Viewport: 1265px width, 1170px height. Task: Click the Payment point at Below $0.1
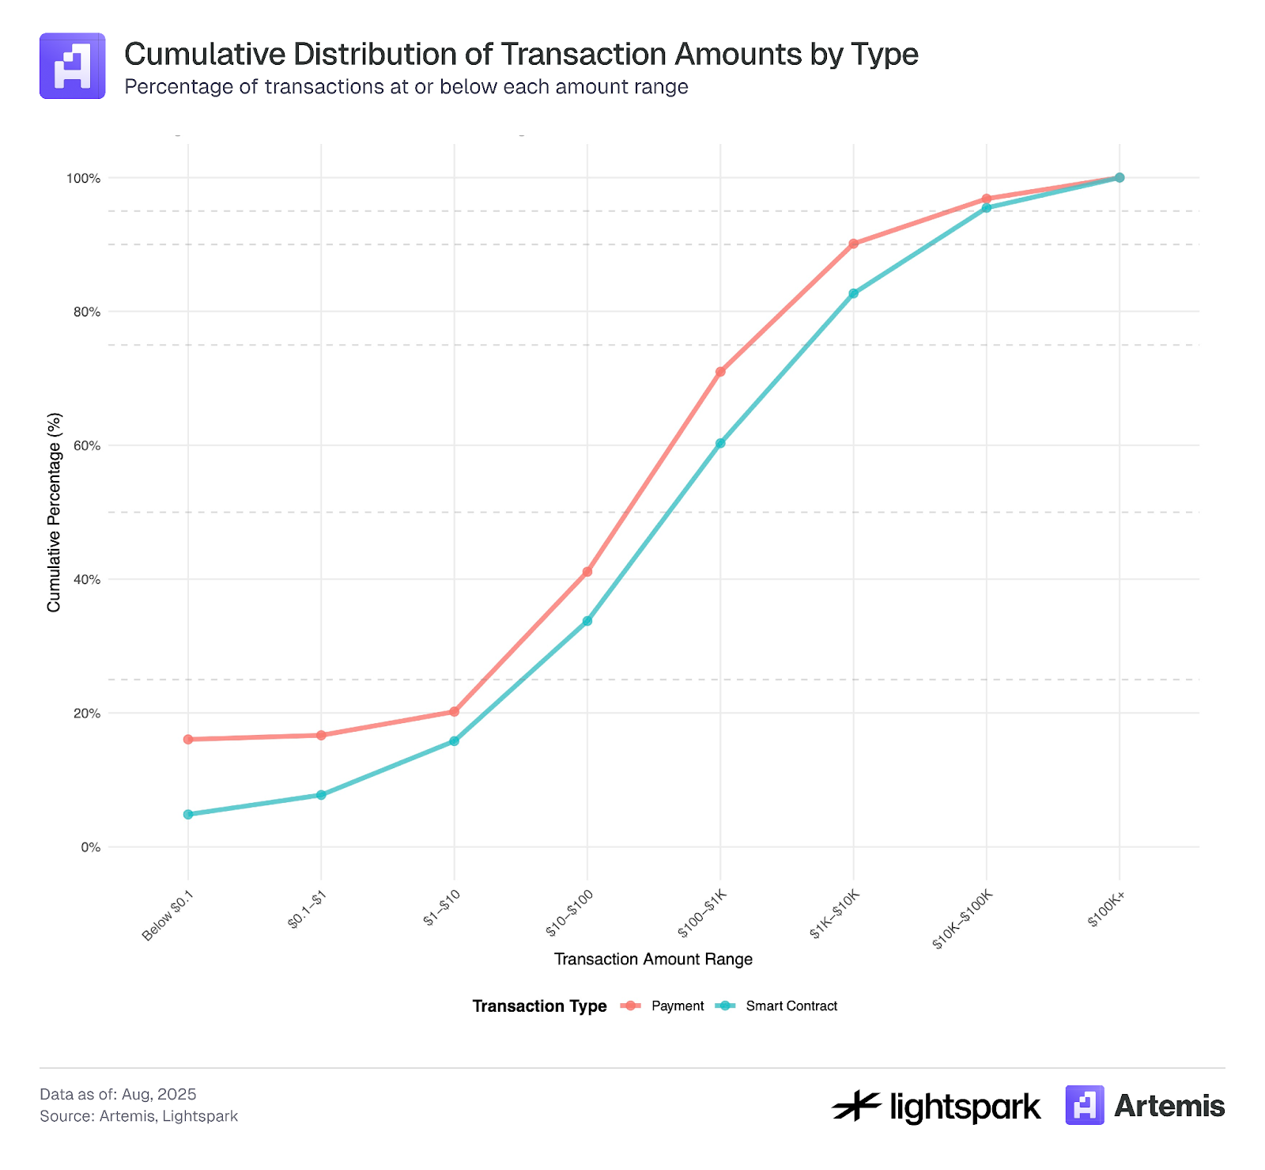click(x=188, y=740)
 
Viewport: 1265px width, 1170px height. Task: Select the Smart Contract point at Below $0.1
click(x=188, y=814)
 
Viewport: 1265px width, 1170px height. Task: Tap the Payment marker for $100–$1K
click(x=720, y=372)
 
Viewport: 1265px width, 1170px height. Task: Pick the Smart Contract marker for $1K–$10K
click(x=853, y=293)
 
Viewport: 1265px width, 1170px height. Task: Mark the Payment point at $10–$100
click(x=587, y=571)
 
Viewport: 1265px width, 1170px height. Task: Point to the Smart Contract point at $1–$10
click(x=454, y=741)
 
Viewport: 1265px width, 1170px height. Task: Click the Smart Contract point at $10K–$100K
click(x=986, y=208)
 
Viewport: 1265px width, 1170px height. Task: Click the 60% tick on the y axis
click(x=86, y=445)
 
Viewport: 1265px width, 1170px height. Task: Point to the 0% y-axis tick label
click(x=91, y=847)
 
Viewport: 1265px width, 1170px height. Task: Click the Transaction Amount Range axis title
click(x=653, y=960)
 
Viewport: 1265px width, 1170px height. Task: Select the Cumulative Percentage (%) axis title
click(x=54, y=512)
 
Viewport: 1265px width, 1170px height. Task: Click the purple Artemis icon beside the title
click(x=72, y=66)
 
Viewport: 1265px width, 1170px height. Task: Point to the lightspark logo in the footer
click(x=936, y=1106)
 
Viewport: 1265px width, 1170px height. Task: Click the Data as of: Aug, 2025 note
click(x=118, y=1094)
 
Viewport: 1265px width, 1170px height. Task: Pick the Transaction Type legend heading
click(x=539, y=1006)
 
